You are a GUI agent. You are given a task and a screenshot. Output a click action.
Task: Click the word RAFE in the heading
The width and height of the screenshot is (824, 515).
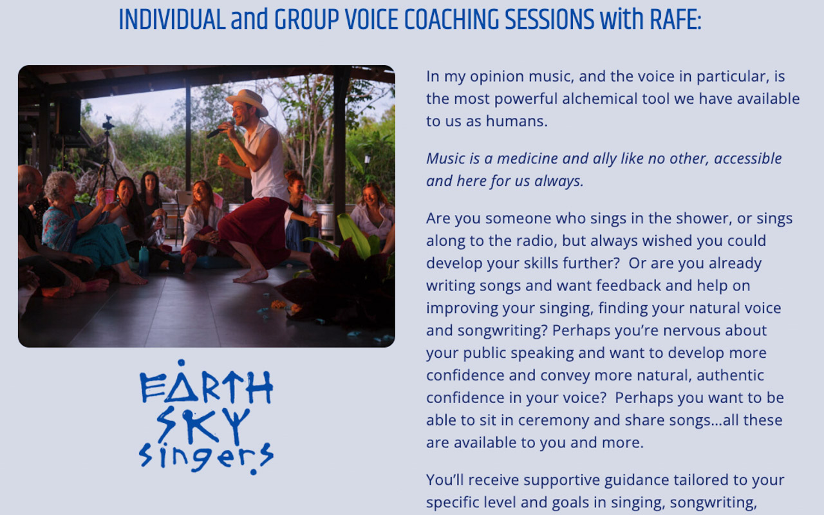click(x=676, y=19)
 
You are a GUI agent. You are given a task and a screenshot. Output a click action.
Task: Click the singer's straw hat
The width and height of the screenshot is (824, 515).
click(x=247, y=101)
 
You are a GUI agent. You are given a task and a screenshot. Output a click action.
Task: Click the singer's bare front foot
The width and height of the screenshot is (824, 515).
click(x=251, y=276)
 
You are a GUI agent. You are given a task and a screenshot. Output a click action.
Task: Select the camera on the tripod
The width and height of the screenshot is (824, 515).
click(x=108, y=123)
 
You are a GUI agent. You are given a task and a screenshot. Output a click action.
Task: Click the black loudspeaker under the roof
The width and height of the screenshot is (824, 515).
click(x=68, y=115)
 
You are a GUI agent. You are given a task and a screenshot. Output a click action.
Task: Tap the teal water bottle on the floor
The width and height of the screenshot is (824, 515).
click(x=144, y=261)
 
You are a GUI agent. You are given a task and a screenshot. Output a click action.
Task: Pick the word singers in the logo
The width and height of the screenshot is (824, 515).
click(x=206, y=458)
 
